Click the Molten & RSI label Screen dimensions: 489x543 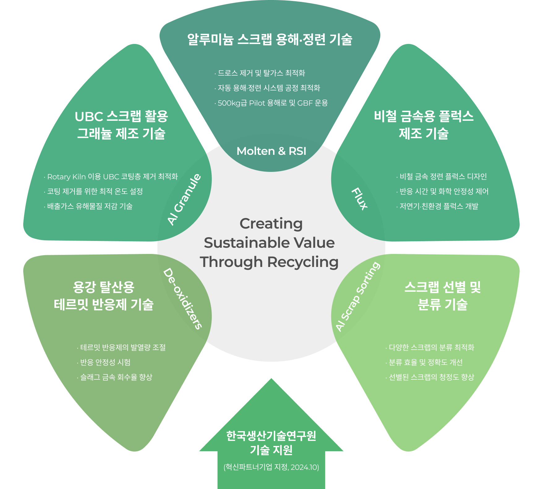coord(271,151)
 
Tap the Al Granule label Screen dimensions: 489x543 coord(184,199)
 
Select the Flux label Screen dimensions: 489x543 coord(359,199)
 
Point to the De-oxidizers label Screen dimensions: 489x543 coord(183,299)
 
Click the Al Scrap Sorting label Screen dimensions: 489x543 coord(358,296)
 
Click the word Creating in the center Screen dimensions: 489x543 coord(271,224)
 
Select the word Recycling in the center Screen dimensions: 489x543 coord(303,262)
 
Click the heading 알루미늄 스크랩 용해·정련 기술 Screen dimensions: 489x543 coord(270,40)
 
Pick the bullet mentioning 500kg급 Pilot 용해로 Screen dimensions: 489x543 coord(272,103)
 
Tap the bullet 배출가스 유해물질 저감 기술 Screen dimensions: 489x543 coord(90,207)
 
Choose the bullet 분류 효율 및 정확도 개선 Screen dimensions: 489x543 coord(425,362)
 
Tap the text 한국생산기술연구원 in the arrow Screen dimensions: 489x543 coord(271,436)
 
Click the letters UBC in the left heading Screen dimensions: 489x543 coord(89,117)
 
